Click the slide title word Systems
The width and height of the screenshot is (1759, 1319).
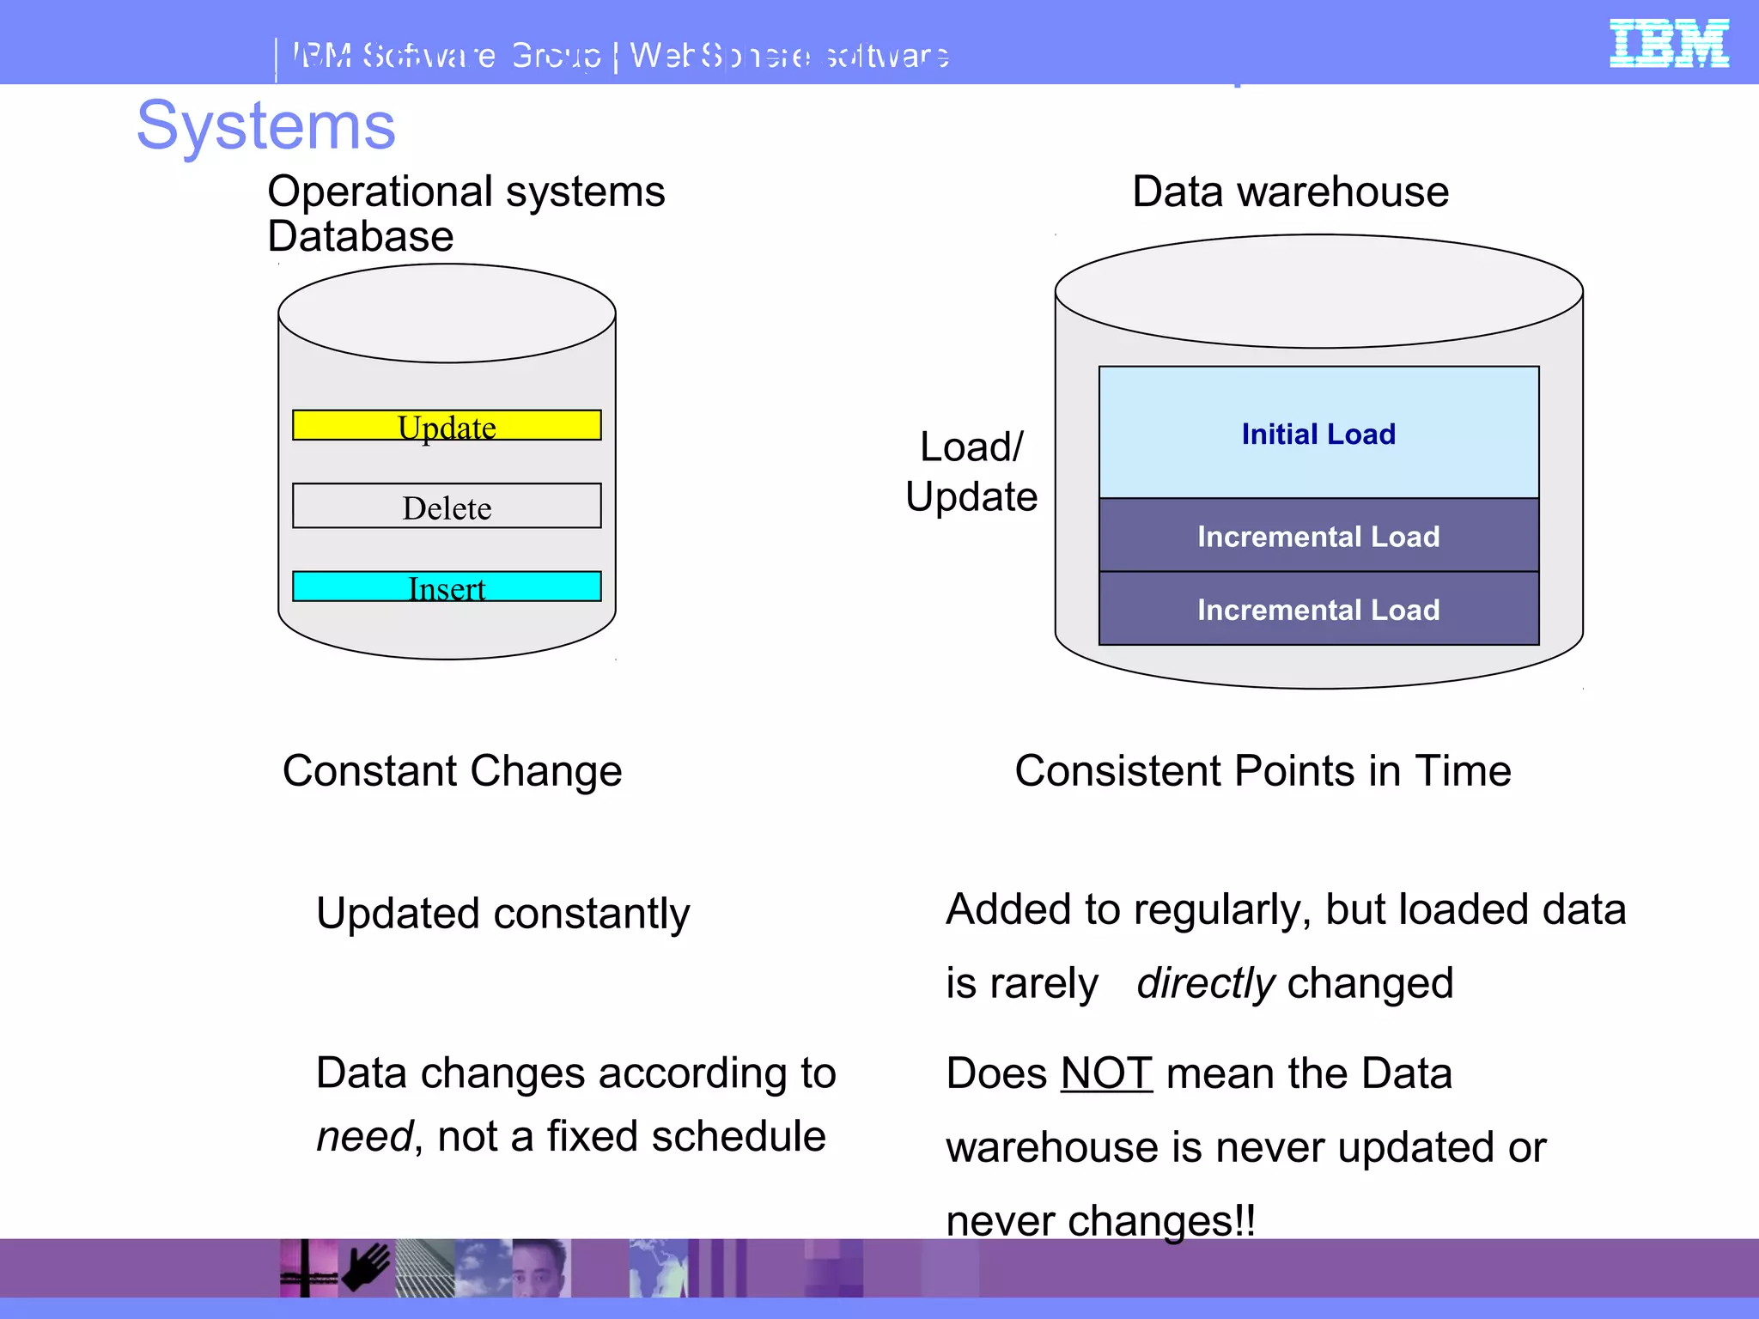click(x=266, y=126)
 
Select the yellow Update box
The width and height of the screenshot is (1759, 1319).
click(x=447, y=426)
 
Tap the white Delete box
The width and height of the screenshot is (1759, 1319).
click(x=447, y=507)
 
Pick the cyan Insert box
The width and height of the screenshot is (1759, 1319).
click(x=447, y=587)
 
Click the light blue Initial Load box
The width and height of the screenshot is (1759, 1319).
click(x=1318, y=433)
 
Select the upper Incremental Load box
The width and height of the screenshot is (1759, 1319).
click(x=1318, y=536)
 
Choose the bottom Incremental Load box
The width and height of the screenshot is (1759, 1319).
click(x=1318, y=609)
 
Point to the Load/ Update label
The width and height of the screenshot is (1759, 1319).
click(x=971, y=471)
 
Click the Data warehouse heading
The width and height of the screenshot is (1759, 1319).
click(x=1290, y=191)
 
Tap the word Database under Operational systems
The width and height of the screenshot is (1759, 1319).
click(x=361, y=237)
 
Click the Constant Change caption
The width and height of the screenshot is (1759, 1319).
click(x=452, y=770)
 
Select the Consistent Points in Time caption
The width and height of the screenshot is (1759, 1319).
click(x=1263, y=770)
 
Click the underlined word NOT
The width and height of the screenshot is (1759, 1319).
click(x=1106, y=1073)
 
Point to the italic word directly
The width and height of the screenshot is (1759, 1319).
click(x=1205, y=983)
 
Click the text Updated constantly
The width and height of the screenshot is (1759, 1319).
click(x=502, y=913)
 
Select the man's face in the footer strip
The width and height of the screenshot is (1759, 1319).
click(x=541, y=1267)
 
